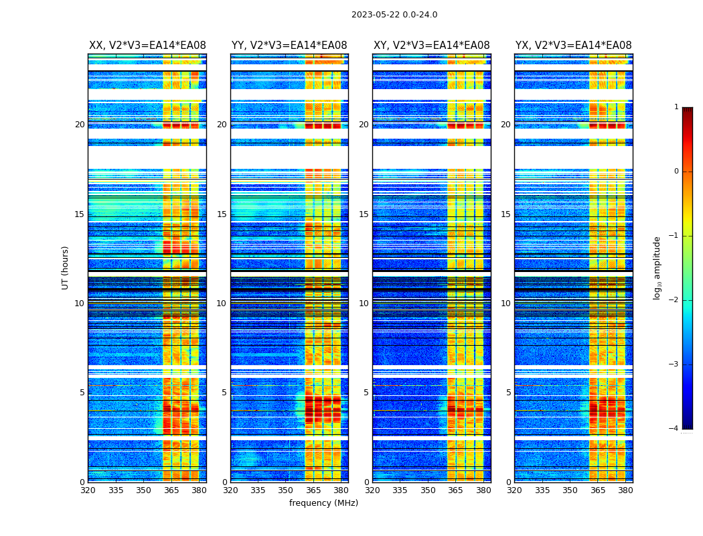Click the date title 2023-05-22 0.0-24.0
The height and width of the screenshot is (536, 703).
394,15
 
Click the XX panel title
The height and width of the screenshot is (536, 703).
147,46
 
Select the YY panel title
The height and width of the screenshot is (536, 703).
289,46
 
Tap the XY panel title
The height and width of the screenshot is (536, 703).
431,46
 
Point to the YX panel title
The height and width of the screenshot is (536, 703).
573,46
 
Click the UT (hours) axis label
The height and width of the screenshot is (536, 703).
66,267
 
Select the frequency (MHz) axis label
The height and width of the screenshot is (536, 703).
323,503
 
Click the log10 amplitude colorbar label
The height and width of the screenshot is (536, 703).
657,267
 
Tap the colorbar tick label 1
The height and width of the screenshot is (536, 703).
676,107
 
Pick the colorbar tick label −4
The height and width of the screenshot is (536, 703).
674,429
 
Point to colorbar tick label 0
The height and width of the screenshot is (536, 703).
676,172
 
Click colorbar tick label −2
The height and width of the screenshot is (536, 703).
674,300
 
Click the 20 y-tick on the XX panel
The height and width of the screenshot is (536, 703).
80,125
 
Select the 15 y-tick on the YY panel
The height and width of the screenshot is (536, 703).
222,214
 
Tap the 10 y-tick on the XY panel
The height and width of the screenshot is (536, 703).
364,304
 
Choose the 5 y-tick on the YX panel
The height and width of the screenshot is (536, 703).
508,393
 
